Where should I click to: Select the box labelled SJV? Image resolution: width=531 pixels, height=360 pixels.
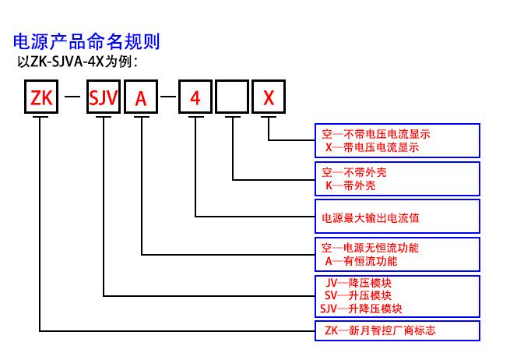[x=103, y=98]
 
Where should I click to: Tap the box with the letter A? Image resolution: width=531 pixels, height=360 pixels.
[x=141, y=98]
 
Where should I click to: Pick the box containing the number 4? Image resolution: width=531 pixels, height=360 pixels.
[x=195, y=98]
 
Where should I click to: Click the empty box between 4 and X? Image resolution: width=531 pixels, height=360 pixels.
[x=232, y=98]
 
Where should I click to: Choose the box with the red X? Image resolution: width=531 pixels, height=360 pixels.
[x=269, y=98]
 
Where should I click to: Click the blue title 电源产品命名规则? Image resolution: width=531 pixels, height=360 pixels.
[x=86, y=41]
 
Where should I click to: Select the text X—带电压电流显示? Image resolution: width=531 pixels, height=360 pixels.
[x=376, y=146]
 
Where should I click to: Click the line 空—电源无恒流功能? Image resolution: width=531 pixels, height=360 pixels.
[x=371, y=248]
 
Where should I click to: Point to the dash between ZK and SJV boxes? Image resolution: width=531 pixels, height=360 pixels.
[x=72, y=98]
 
